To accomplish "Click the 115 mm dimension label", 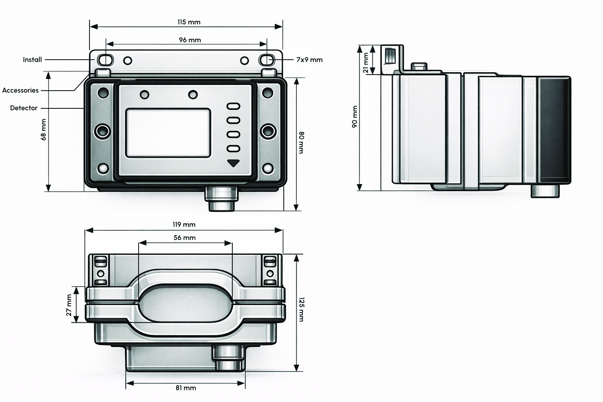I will tap(188, 22).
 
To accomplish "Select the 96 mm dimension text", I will tap(190, 40).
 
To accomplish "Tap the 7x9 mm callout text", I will tap(309, 60).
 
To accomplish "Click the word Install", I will tap(32, 60).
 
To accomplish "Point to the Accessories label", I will tap(20, 90).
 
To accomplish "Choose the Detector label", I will tap(24, 108).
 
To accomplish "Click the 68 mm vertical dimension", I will tap(43, 130).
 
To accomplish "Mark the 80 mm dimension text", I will tap(301, 143).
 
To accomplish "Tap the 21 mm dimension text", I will tap(365, 64).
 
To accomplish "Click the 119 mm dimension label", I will tap(184, 225).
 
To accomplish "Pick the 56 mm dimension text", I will tap(185, 238).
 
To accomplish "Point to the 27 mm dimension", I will tap(69, 305).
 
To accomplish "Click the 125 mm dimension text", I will tap(301, 309).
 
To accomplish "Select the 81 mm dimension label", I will tap(186, 388).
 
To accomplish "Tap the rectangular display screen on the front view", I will tap(168, 133).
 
